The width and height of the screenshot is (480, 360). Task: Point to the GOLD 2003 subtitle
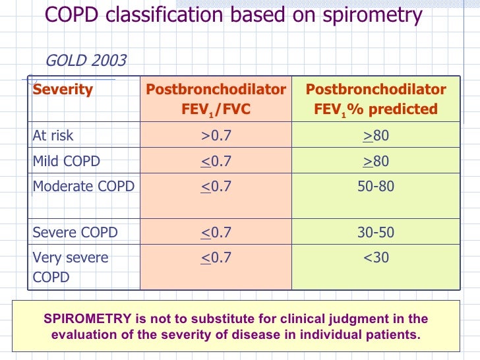(x=86, y=61)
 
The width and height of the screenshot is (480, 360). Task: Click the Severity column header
(x=63, y=90)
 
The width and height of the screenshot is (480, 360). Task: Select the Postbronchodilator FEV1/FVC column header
(x=216, y=99)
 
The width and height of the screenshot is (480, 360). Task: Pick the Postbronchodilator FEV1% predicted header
(x=376, y=99)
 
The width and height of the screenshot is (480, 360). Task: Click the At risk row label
(x=53, y=136)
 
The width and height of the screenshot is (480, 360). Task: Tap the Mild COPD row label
(x=67, y=162)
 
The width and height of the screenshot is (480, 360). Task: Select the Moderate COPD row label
(x=84, y=187)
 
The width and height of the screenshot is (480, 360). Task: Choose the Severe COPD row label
(x=75, y=232)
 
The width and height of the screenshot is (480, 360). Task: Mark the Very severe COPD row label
(x=71, y=267)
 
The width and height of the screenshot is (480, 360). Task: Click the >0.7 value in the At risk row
(x=216, y=136)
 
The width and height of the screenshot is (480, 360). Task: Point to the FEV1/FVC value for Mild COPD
(x=216, y=162)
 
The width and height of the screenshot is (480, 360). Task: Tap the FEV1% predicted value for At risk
(x=376, y=136)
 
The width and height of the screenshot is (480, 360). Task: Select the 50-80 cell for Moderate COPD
(x=376, y=187)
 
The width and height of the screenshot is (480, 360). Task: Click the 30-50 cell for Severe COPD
(x=376, y=232)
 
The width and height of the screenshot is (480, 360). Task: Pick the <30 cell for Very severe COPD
(x=376, y=257)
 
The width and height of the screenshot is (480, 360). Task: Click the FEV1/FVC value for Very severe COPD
(x=216, y=257)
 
